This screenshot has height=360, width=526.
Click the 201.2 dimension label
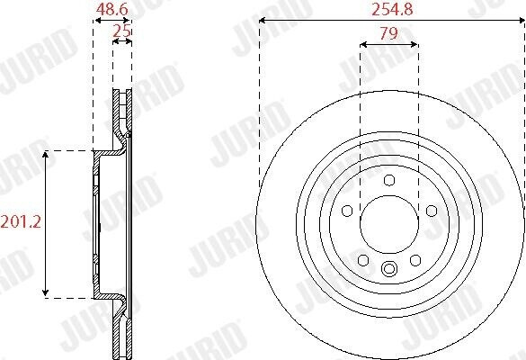19,220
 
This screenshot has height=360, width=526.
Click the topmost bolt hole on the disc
390,180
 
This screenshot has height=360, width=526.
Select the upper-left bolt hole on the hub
348,211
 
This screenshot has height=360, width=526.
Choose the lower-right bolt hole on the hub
416,260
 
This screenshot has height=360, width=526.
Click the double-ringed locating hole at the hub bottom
390,268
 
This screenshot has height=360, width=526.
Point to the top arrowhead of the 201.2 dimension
47,154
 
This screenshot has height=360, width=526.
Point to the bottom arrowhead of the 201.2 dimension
47,294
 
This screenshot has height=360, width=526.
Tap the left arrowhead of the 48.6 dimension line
95,21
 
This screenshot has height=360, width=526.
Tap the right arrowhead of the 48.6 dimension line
131,21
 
